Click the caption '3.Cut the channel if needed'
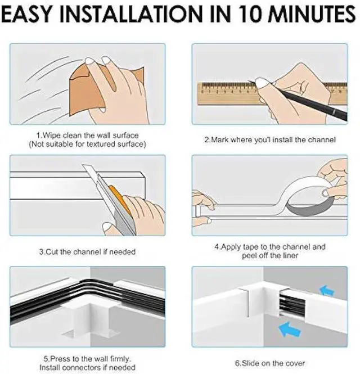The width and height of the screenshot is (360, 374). pyautogui.click(x=87, y=251)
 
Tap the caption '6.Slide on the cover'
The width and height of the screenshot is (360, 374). pyautogui.click(x=271, y=363)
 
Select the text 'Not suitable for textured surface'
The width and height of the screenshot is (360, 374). pyautogui.click(x=87, y=144)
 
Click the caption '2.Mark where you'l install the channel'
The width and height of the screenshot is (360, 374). pyautogui.click(x=270, y=139)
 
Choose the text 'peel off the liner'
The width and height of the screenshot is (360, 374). pyautogui.click(x=270, y=255)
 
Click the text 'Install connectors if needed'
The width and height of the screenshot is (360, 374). pyautogui.click(x=87, y=367)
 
